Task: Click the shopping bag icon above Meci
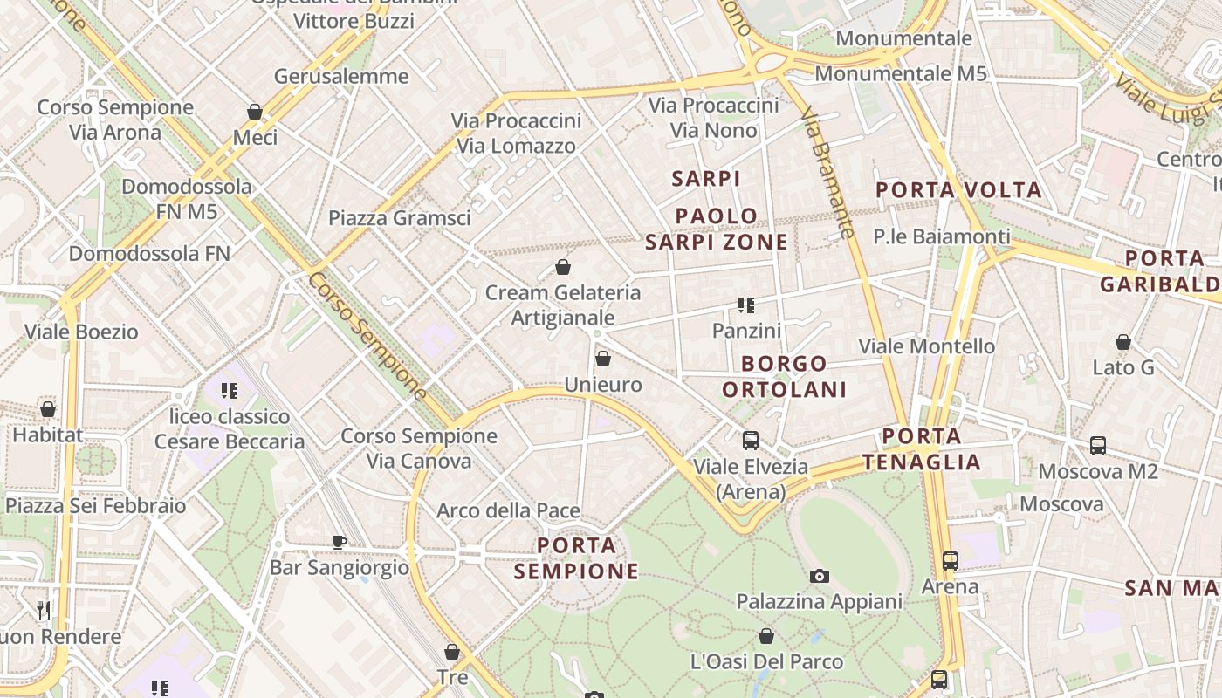(x=255, y=112)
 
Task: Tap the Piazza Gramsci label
(x=400, y=218)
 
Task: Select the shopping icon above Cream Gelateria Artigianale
(x=563, y=267)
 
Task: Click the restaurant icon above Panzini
(x=746, y=305)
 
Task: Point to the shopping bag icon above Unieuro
(x=602, y=359)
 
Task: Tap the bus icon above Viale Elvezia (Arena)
(x=750, y=441)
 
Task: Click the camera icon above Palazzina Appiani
(x=819, y=576)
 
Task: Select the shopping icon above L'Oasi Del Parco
(x=766, y=636)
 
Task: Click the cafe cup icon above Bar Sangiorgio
(x=340, y=542)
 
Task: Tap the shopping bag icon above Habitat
(x=48, y=409)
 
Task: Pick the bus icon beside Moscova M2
(x=1098, y=446)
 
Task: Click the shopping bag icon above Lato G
(x=1123, y=342)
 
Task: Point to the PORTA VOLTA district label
(x=958, y=190)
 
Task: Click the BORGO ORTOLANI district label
(x=785, y=376)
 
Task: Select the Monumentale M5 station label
(x=901, y=73)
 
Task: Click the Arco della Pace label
(x=509, y=510)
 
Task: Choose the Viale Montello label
(x=927, y=346)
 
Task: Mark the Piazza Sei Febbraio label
(x=96, y=506)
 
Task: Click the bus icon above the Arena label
(x=951, y=561)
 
